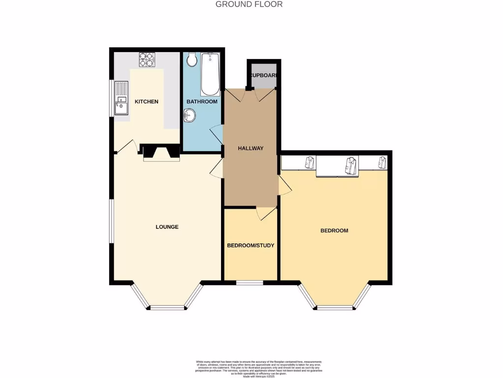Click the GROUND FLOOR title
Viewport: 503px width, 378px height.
[249, 4]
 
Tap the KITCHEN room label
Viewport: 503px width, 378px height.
[146, 102]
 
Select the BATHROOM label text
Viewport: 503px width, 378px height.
[201, 102]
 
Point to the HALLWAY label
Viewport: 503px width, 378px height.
[251, 148]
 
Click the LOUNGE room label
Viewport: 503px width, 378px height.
[167, 227]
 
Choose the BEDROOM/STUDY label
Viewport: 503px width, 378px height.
[251, 245]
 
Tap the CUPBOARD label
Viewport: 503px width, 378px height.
[264, 76]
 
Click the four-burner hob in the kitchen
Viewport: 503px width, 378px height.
[146, 60]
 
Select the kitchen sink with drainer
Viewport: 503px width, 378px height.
[121, 98]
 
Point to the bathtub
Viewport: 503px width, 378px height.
[210, 74]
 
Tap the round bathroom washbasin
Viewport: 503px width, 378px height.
[190, 116]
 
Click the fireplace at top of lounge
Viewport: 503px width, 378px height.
[161, 153]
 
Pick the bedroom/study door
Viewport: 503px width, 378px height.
[266, 214]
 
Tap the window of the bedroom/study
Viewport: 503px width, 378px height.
[250, 283]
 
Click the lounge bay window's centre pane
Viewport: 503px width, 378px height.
[168, 308]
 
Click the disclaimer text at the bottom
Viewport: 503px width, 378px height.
[251, 367]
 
